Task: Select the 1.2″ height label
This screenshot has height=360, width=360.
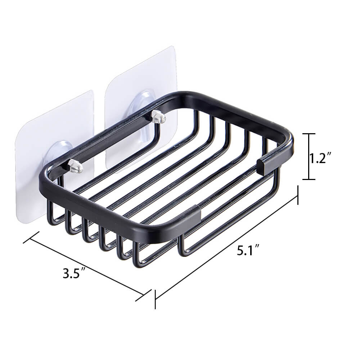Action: [321, 157]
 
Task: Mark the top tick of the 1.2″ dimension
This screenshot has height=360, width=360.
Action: [309, 134]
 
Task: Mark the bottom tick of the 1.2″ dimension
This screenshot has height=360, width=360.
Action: [309, 179]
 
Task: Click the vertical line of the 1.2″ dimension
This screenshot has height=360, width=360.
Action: [309, 157]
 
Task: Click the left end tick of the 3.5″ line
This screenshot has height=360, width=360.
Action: [31, 237]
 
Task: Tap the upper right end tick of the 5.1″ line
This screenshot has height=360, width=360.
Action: [298, 195]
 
